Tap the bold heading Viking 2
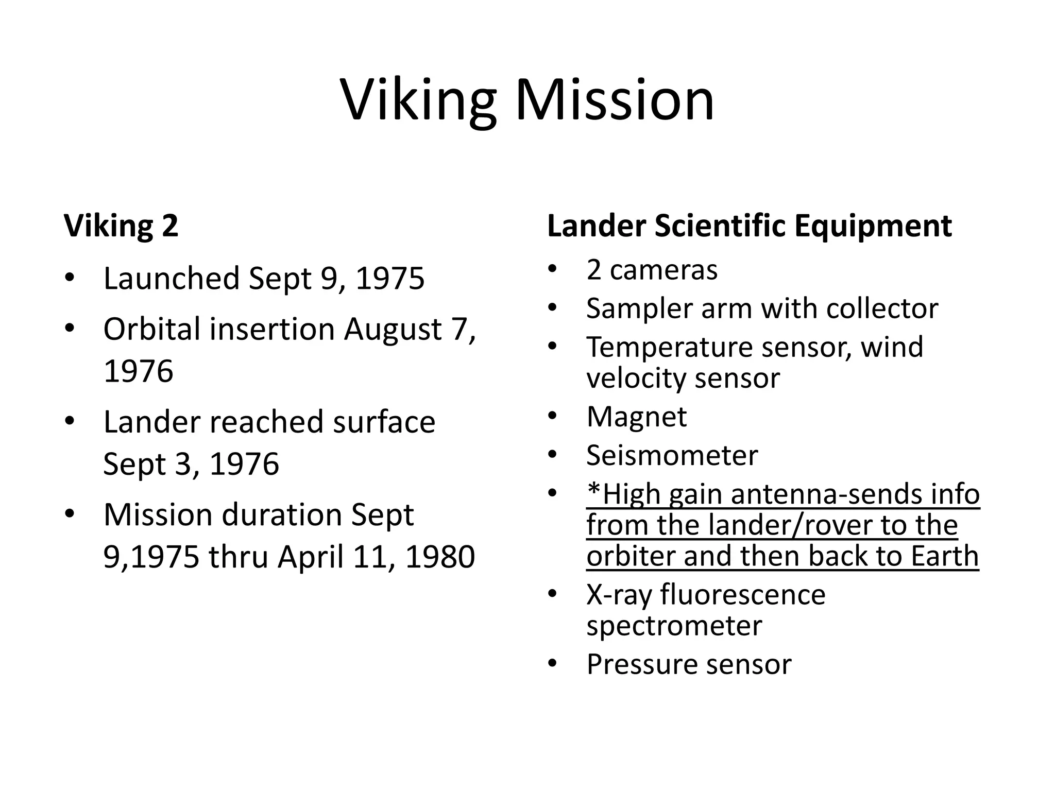[x=121, y=226]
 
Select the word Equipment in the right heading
[x=873, y=226]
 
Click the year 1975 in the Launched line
[x=390, y=279]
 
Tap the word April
[x=311, y=557]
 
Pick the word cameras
[x=663, y=270]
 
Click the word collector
[x=882, y=308]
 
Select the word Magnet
[x=636, y=417]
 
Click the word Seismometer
[x=672, y=455]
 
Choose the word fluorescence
[x=743, y=594]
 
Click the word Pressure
[x=642, y=664]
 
